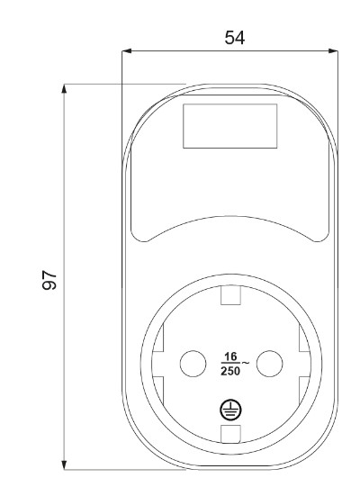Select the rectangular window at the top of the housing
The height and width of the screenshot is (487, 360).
click(230, 125)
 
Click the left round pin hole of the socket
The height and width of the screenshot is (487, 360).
click(193, 364)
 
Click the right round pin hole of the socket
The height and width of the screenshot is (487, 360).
click(270, 364)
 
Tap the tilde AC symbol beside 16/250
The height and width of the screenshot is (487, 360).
click(247, 363)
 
